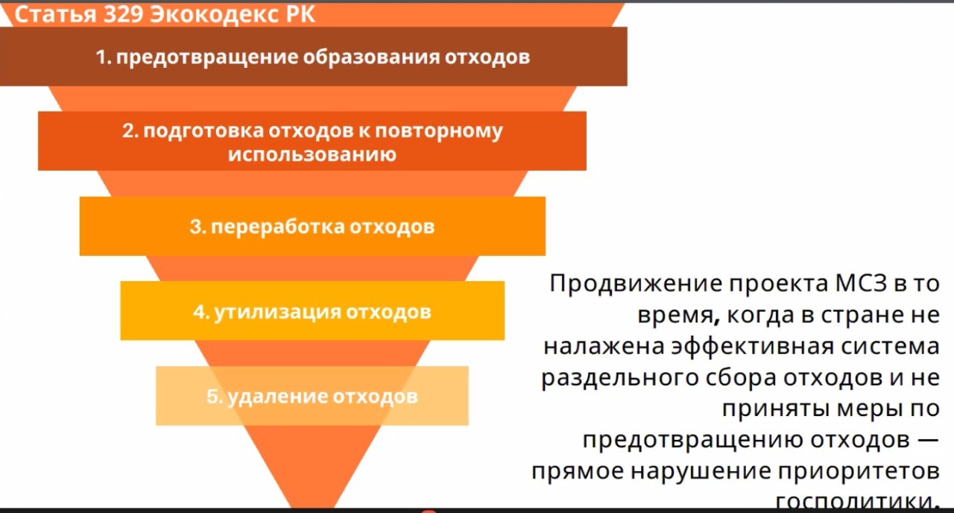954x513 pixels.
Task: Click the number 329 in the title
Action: tap(123, 14)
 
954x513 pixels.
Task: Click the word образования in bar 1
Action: tap(371, 57)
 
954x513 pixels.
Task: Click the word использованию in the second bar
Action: tap(312, 154)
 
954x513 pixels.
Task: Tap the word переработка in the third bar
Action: tap(278, 227)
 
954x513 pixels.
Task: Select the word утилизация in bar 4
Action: tap(277, 312)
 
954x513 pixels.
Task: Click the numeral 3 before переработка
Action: tap(195, 227)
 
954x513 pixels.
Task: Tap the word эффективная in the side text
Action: tap(753, 346)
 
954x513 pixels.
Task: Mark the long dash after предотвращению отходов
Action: tap(928, 440)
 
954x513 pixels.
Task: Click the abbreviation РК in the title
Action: tap(300, 14)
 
